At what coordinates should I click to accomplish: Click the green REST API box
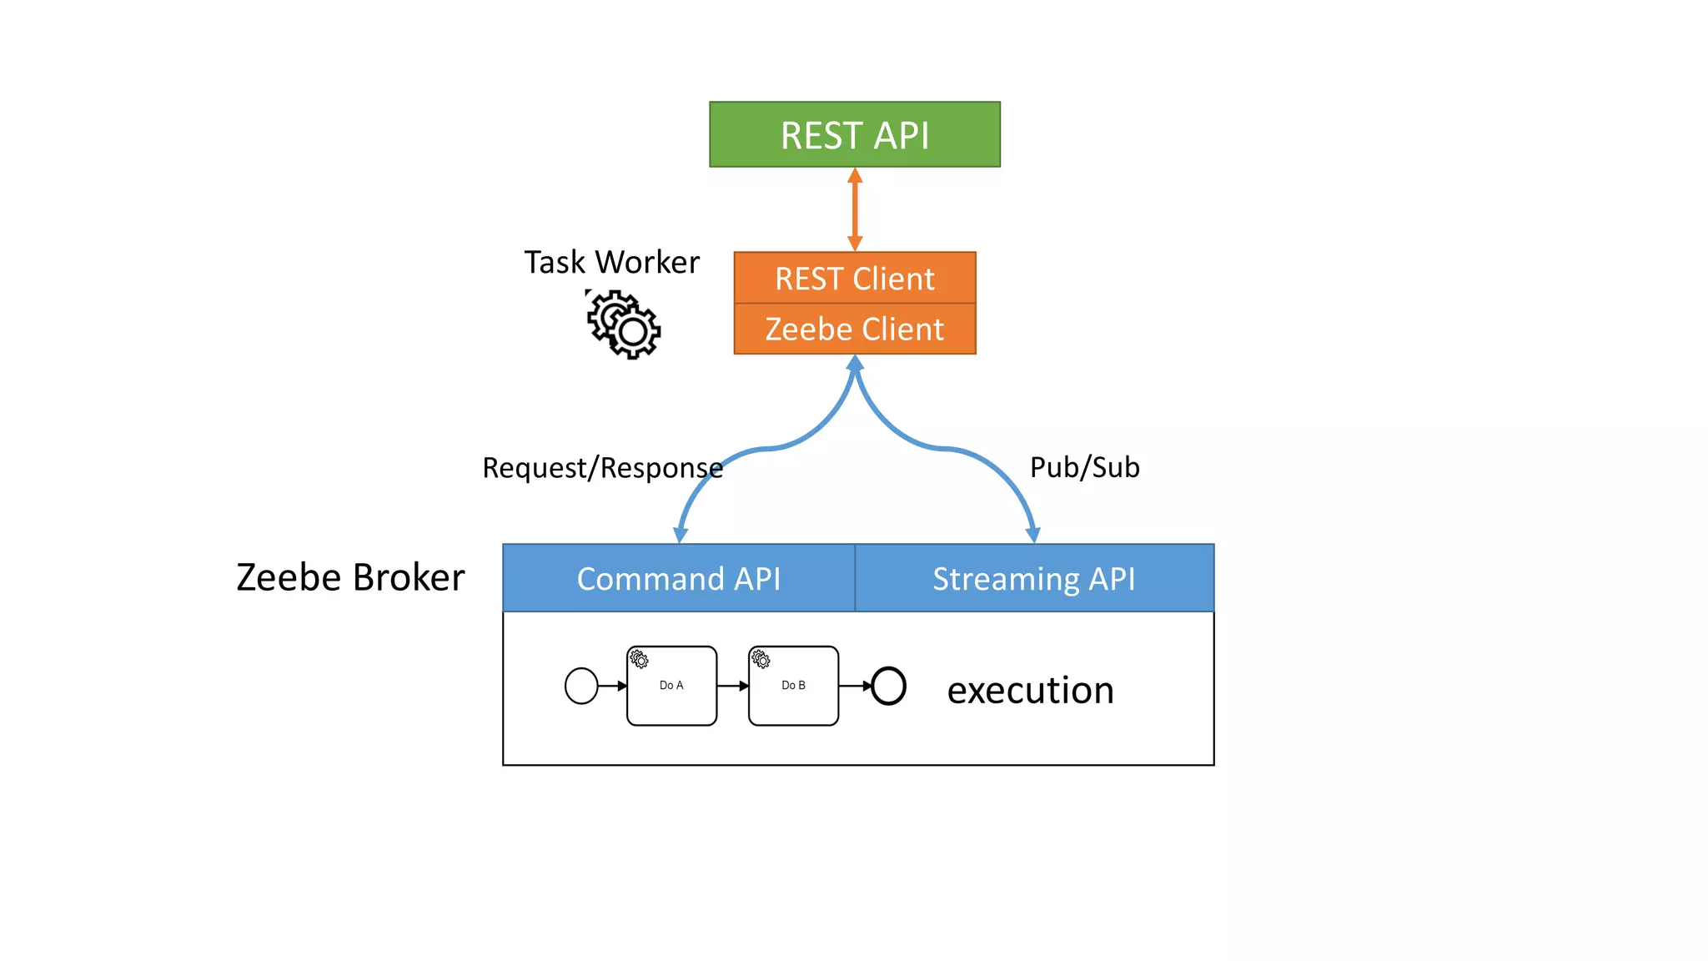tap(854, 134)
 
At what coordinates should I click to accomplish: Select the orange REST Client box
tap(854, 278)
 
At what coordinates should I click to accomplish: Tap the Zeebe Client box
tap(854, 329)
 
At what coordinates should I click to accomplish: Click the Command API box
tap(678, 578)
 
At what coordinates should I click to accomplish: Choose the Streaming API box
tap(1034, 578)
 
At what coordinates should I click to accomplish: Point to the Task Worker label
tap(611, 262)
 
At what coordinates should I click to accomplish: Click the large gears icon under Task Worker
tap(624, 325)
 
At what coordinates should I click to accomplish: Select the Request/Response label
tap(602, 468)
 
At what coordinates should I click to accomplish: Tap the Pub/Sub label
tap(1084, 467)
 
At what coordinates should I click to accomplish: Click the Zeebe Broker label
tap(350, 577)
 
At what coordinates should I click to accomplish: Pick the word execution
tap(1030, 690)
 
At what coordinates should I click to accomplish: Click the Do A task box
tap(671, 686)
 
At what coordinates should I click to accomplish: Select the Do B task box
tap(793, 686)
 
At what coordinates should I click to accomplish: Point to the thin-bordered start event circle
tap(581, 686)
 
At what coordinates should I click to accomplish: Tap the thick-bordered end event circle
tap(888, 686)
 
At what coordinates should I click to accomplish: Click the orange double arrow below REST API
tap(855, 209)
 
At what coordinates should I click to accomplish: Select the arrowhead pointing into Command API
tap(681, 535)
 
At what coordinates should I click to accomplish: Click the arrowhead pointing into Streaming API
tap(1032, 535)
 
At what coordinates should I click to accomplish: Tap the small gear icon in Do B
tap(761, 659)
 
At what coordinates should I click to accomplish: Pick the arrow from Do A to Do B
tap(732, 686)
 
